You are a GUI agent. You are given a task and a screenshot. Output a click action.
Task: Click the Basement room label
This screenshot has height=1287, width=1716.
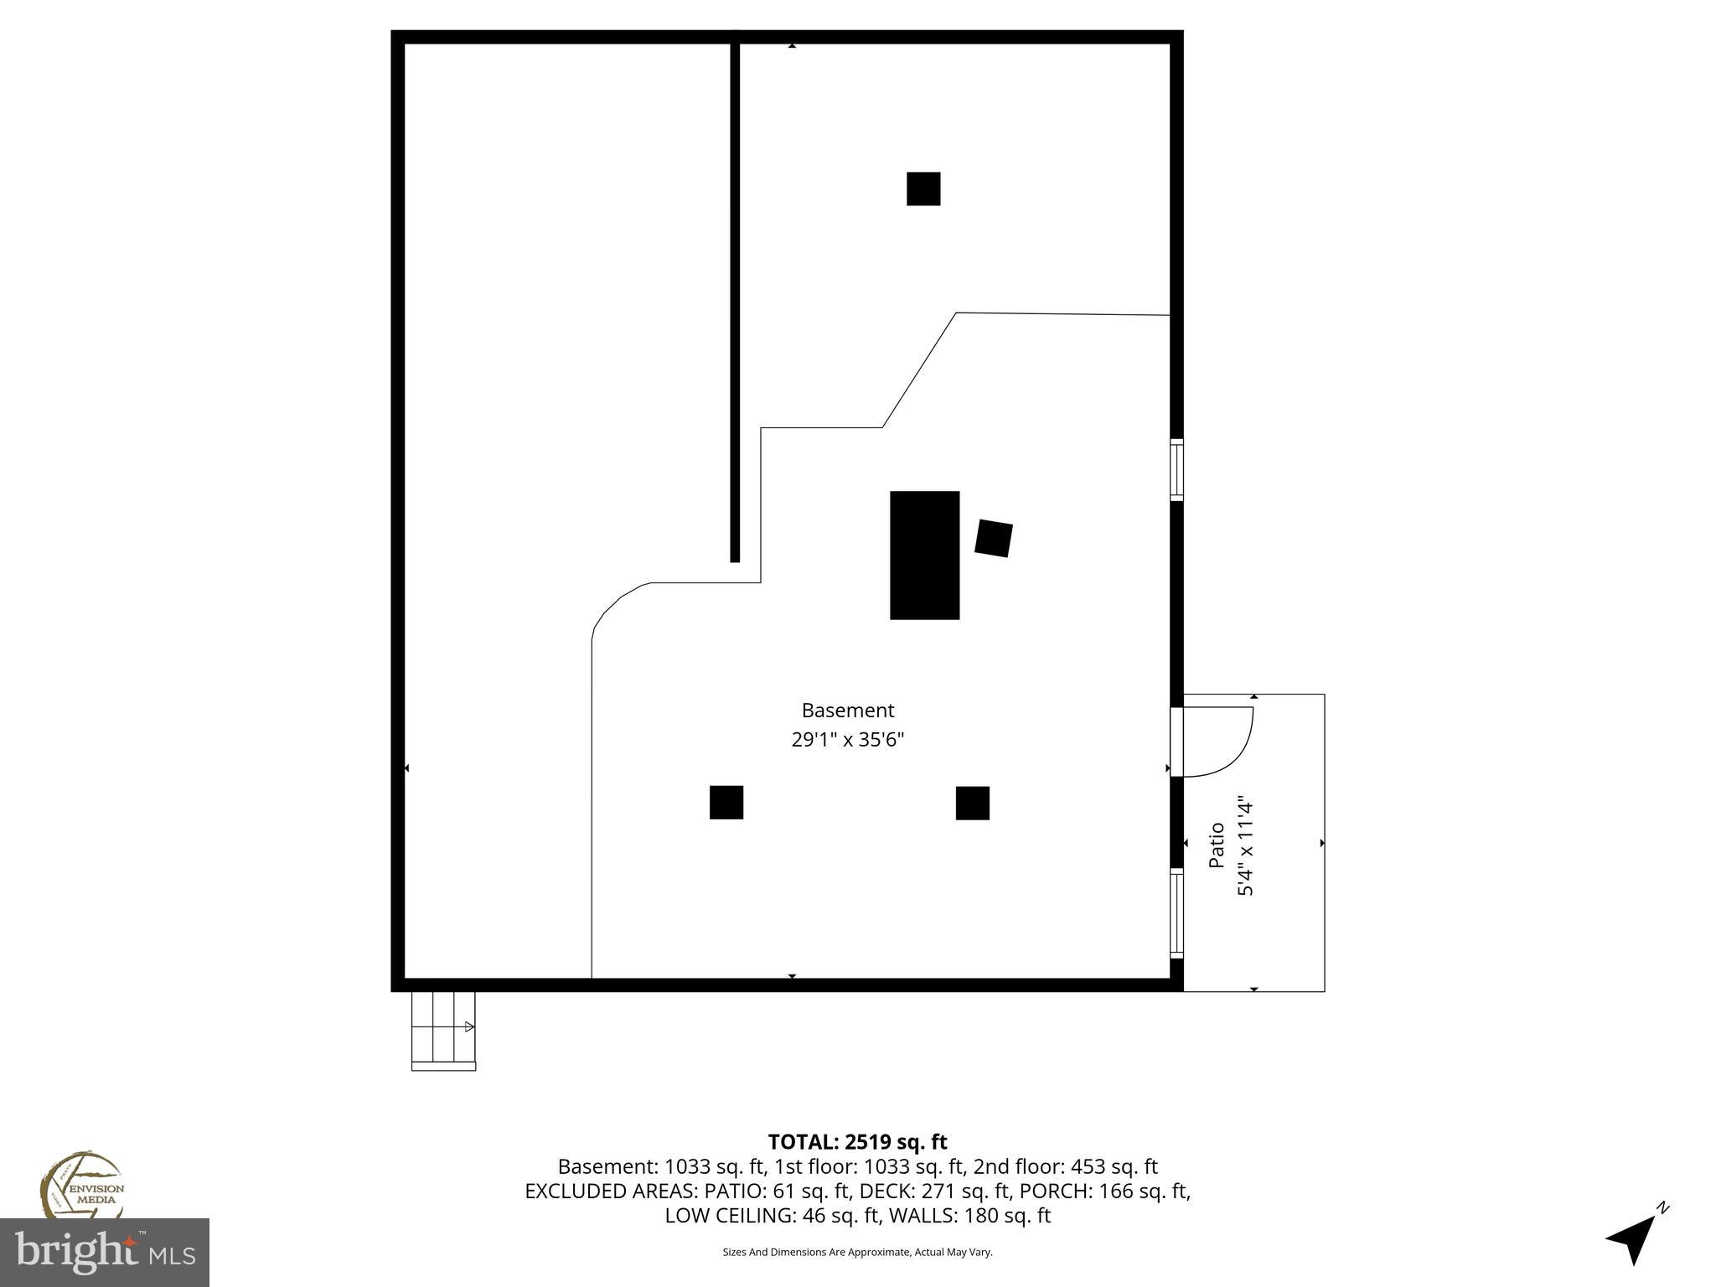tap(847, 711)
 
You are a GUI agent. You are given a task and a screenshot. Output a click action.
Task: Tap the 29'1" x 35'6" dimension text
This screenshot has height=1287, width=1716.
tap(847, 740)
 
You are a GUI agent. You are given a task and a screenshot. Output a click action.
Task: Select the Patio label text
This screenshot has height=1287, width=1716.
tap(1217, 845)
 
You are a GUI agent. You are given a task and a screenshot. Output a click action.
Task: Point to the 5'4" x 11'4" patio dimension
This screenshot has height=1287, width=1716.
tap(1245, 846)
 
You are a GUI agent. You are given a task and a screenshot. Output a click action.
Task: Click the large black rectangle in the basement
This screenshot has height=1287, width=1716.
tap(924, 555)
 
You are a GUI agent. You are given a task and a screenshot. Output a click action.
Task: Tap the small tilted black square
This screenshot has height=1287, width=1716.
tap(993, 538)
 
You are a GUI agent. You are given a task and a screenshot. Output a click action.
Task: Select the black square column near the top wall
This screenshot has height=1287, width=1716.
tap(923, 189)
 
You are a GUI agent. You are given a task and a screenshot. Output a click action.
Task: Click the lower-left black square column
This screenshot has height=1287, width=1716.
tap(726, 802)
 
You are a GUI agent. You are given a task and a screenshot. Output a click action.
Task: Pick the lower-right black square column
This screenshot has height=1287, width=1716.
tap(972, 803)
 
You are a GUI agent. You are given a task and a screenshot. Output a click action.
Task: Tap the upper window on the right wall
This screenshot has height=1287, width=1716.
tap(1176, 469)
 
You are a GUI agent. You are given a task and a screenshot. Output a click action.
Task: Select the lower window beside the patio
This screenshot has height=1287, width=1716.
tap(1176, 913)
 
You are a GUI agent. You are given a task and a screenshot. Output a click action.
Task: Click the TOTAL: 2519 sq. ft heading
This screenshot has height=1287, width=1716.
tap(857, 1142)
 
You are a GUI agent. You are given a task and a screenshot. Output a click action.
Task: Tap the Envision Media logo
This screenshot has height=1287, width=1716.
tap(82, 1186)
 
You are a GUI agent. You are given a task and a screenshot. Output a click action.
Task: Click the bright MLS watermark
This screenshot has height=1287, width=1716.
tap(105, 1253)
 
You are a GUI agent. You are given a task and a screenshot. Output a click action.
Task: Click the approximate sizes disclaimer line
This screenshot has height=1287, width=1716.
tap(857, 1252)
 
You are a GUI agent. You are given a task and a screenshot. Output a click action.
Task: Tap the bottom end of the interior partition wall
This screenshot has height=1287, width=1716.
tap(735, 558)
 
